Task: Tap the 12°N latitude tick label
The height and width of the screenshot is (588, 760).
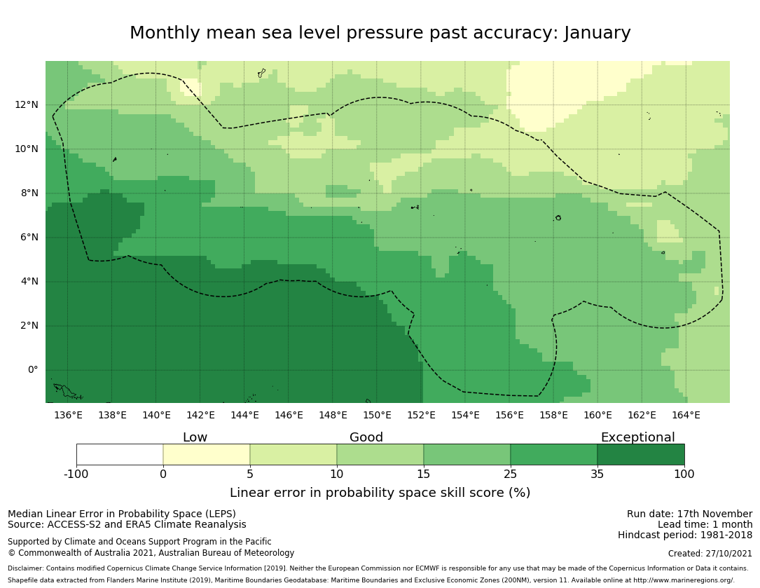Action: pos(27,105)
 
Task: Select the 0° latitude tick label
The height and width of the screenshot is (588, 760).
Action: pos(32,370)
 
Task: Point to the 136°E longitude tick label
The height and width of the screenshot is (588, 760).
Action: pos(68,416)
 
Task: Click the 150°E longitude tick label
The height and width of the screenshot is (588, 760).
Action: pos(377,416)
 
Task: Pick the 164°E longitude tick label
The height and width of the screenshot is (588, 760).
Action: pos(686,416)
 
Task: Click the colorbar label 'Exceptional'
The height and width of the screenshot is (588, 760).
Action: pos(637,438)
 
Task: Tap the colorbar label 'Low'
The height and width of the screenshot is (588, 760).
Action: pos(195,438)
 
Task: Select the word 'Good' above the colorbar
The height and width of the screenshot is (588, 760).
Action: pos(366,438)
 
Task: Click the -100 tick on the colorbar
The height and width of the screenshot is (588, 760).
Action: pos(76,474)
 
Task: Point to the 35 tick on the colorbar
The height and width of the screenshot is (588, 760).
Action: pos(597,474)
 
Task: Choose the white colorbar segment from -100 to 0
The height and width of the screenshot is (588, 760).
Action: pos(120,454)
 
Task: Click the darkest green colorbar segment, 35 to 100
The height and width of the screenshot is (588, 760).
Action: pos(641,454)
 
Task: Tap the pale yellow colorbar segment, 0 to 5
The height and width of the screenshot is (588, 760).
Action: pos(207,454)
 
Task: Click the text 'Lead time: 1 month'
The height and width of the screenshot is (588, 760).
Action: pos(705,525)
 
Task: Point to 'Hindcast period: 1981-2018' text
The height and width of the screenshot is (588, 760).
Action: pos(685,535)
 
